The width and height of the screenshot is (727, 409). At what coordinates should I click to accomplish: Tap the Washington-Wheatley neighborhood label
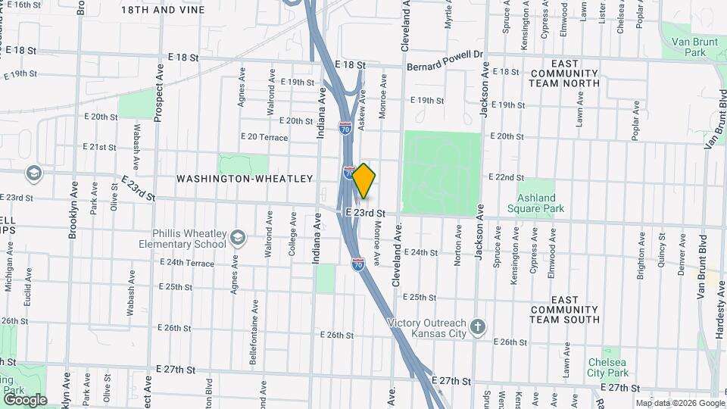(x=245, y=179)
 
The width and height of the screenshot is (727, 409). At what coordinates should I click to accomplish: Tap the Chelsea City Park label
(x=608, y=367)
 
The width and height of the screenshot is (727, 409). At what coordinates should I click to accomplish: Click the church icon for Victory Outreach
(x=477, y=327)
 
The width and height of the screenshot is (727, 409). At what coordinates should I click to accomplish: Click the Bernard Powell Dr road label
(x=445, y=67)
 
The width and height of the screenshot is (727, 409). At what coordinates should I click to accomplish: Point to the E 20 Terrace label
(x=264, y=136)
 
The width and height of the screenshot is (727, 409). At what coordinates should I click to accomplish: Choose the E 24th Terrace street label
(x=187, y=263)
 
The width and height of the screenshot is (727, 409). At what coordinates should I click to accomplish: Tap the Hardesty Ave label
(x=716, y=325)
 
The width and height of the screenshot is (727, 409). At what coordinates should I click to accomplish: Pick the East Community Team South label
(x=565, y=310)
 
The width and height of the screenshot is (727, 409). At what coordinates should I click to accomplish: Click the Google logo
(x=24, y=399)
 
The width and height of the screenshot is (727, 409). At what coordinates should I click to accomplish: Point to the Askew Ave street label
(x=363, y=110)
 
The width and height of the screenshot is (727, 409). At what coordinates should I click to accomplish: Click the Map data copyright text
(x=679, y=403)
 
